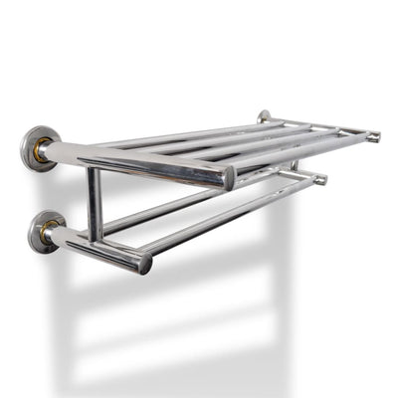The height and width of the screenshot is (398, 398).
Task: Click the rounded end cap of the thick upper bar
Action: coord(229,179)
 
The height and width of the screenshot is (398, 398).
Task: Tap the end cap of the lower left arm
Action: coord(145,264)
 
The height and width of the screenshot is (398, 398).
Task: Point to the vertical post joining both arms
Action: coord(95,203)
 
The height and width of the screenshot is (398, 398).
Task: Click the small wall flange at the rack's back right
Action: coord(264,116)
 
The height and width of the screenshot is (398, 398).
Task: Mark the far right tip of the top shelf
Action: coord(374,136)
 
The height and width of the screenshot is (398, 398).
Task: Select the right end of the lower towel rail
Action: coord(320,180)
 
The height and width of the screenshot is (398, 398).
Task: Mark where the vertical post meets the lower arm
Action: coord(96,239)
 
